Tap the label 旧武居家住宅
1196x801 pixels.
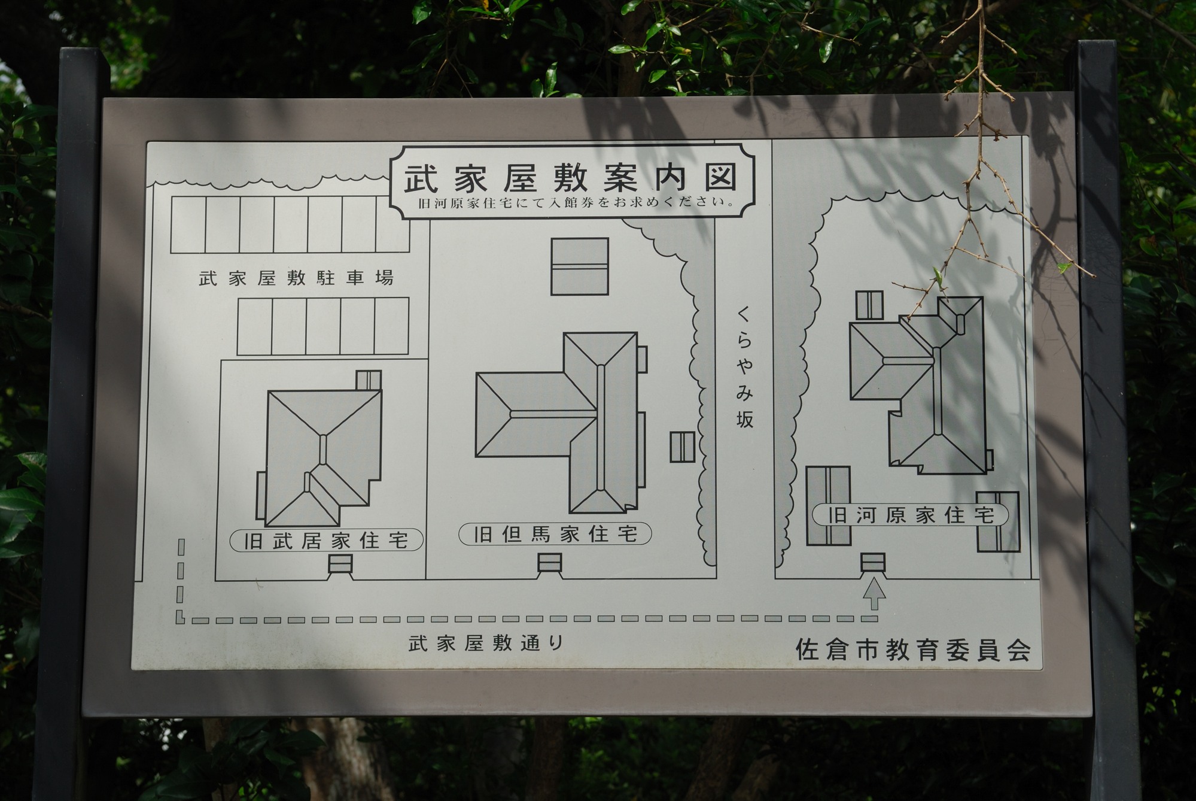[x=327, y=541]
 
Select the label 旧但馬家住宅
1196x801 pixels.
[x=555, y=533]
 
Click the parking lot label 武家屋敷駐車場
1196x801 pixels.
[x=296, y=278]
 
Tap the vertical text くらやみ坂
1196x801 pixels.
[x=744, y=367]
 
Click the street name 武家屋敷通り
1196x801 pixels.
[x=486, y=644]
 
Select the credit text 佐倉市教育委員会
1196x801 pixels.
[x=913, y=650]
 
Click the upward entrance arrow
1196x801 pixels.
[x=874, y=593]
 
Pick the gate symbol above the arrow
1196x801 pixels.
[x=872, y=563]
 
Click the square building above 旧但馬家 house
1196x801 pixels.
[x=579, y=266]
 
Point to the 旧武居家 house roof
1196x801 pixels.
[x=322, y=459]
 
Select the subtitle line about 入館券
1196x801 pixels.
[x=577, y=202]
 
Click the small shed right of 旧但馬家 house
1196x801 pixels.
[x=682, y=447]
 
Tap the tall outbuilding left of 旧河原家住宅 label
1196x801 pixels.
[x=829, y=506]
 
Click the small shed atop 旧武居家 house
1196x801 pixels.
[x=369, y=380]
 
